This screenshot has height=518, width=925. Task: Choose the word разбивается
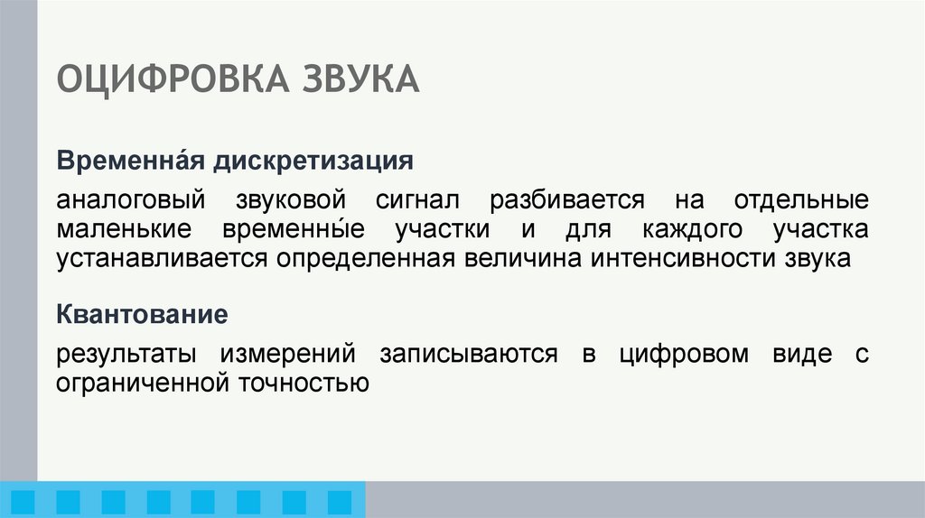click(567, 199)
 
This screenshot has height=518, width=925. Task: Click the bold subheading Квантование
click(141, 315)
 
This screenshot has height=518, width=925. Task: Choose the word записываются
click(468, 353)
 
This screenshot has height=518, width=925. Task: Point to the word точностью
click(304, 382)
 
